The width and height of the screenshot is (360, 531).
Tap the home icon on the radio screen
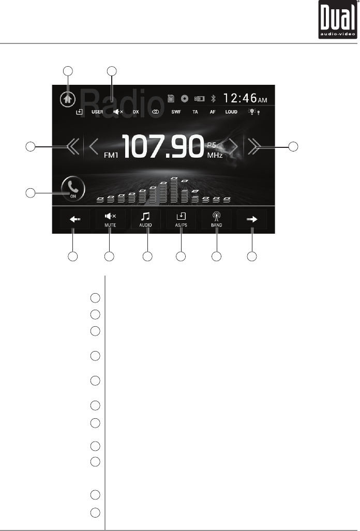point(66,99)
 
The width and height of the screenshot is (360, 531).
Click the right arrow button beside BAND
point(252,219)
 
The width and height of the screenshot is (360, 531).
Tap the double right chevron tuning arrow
point(253,147)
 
